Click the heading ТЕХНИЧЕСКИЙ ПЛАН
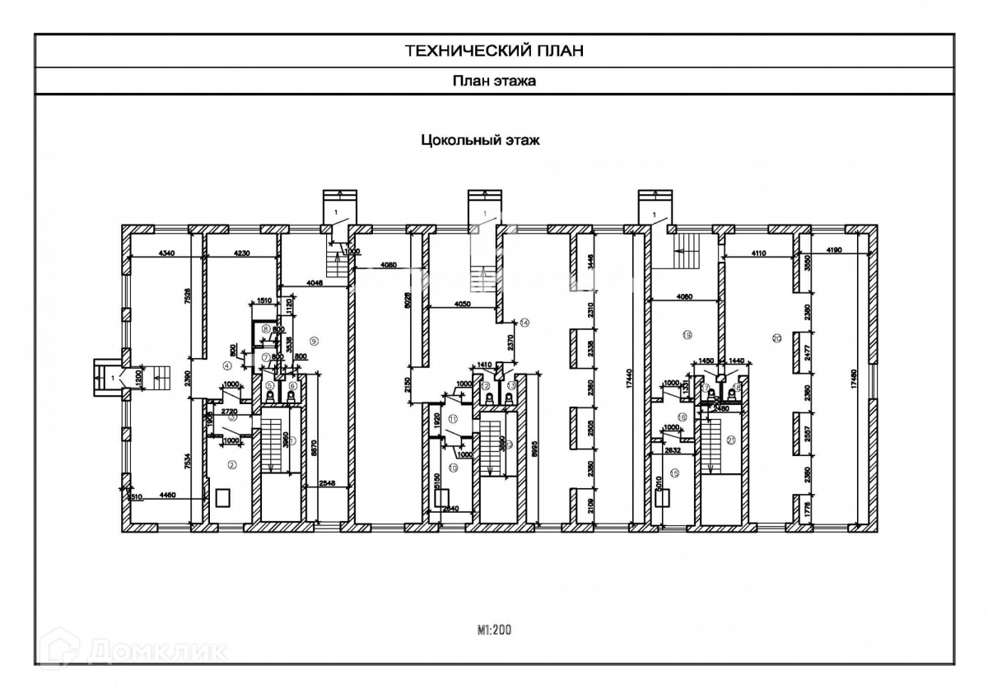tap(494, 51)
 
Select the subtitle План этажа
tap(494, 81)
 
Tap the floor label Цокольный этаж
tap(480, 140)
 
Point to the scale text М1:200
tap(494, 631)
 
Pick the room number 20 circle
tap(776, 338)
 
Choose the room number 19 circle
tap(686, 334)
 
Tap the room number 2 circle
tap(232, 465)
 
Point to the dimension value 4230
tap(241, 253)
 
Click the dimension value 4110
tap(757, 254)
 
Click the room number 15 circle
tap(673, 472)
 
